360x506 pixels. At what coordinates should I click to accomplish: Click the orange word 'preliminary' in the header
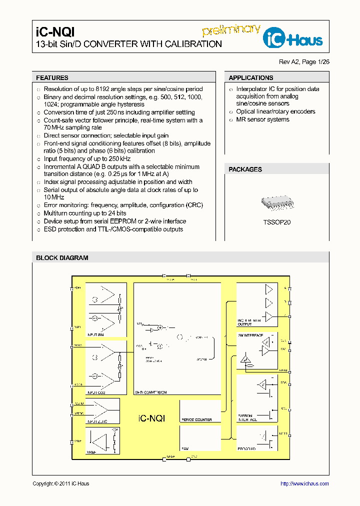pos(231,29)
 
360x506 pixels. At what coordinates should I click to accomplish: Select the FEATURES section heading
pos(52,78)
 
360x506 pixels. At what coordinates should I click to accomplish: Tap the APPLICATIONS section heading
pos(250,78)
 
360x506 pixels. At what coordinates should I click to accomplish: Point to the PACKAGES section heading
pos(245,169)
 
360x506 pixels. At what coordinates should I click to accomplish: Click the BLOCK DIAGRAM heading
pos(62,258)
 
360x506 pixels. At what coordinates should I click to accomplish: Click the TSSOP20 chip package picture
pos(277,202)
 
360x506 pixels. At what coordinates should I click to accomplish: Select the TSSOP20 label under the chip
pos(276,222)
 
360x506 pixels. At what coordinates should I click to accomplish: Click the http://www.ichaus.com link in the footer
pos(304,483)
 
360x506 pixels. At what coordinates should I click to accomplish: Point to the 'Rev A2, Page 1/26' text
pos(304,62)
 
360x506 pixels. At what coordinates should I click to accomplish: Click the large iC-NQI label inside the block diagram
pos(151,418)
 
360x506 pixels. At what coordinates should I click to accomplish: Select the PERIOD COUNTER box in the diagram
pos(196,419)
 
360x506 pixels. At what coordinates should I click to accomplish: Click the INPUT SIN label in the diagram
pos(95,334)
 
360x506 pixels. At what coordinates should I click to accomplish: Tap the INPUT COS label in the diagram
pos(96,393)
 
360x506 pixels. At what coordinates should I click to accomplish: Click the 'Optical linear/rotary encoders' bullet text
pos(275,111)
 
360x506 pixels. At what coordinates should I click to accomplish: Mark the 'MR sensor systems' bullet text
pos(262,119)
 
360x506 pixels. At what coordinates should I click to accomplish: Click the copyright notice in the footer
pos(60,483)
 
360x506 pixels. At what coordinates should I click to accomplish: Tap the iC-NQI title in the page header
pos(55,31)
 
